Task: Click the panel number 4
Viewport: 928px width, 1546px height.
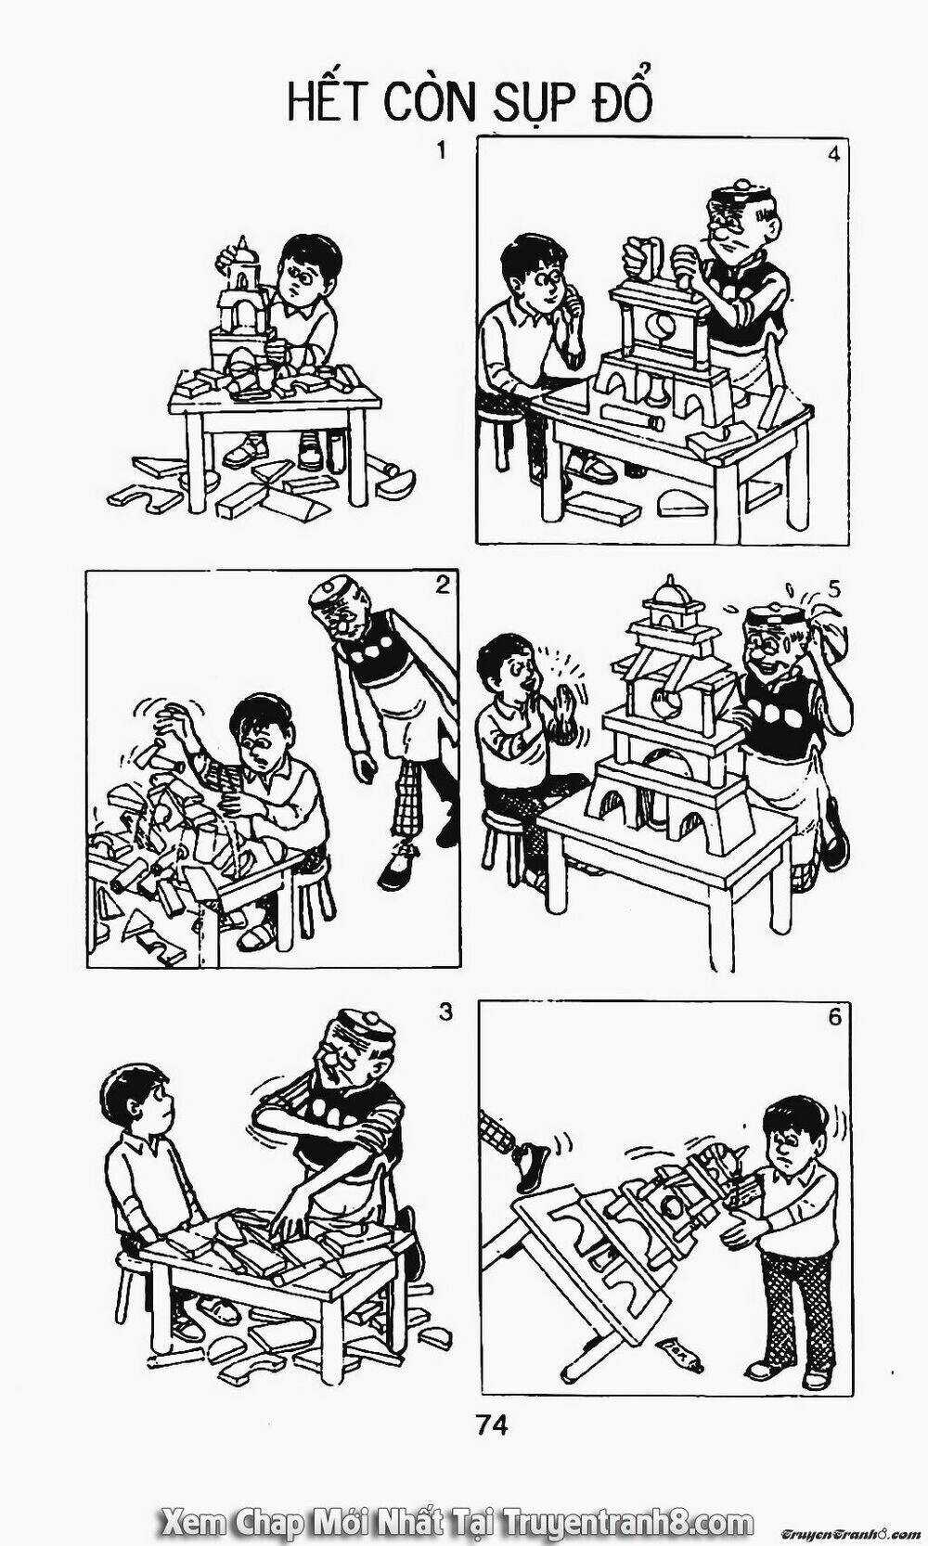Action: pyautogui.click(x=832, y=155)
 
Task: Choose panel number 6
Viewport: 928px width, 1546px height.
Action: pyautogui.click(x=834, y=1017)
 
